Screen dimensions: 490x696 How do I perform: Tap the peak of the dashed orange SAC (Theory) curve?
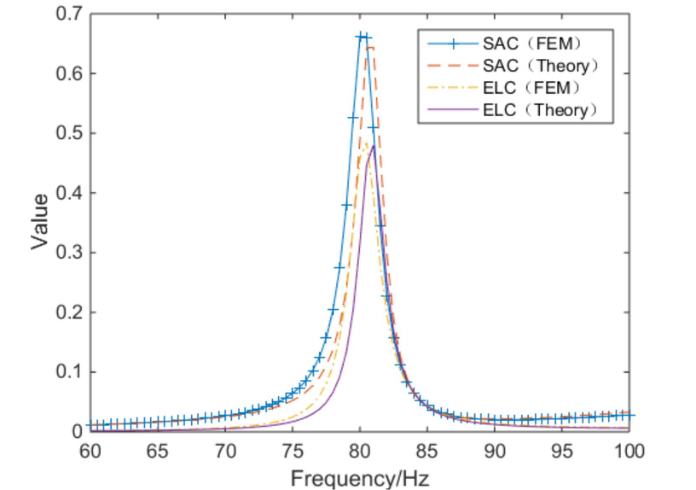pos(369,47)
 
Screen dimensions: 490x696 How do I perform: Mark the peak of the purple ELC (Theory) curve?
pos(373,146)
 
